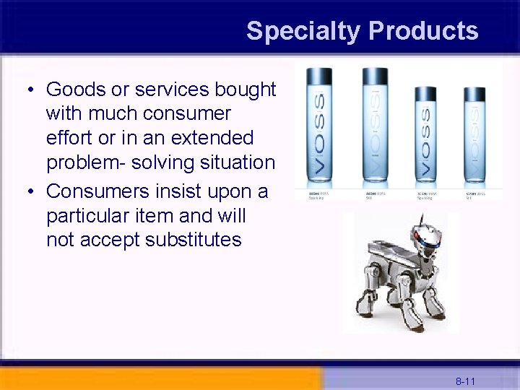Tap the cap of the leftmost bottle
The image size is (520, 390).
[318, 74]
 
